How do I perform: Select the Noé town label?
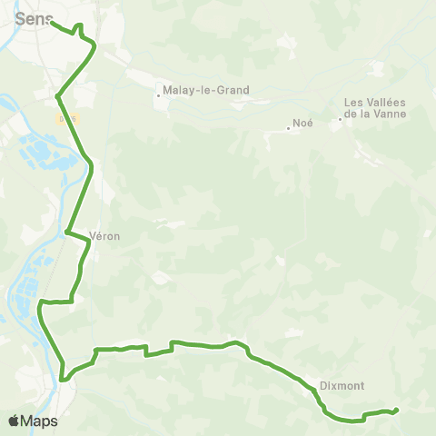pos(302,125)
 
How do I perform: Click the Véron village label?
pos(105,236)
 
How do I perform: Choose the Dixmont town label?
pos(342,385)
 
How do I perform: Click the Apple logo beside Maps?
pos(14,421)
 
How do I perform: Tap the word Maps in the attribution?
pos(40,421)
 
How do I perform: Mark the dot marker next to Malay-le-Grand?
pos(159,93)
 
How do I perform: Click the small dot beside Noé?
pos(288,128)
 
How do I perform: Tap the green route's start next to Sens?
pos(52,22)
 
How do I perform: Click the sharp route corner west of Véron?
pos(67,232)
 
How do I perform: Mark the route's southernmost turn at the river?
pos(63,378)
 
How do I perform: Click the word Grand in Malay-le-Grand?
pos(233,91)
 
